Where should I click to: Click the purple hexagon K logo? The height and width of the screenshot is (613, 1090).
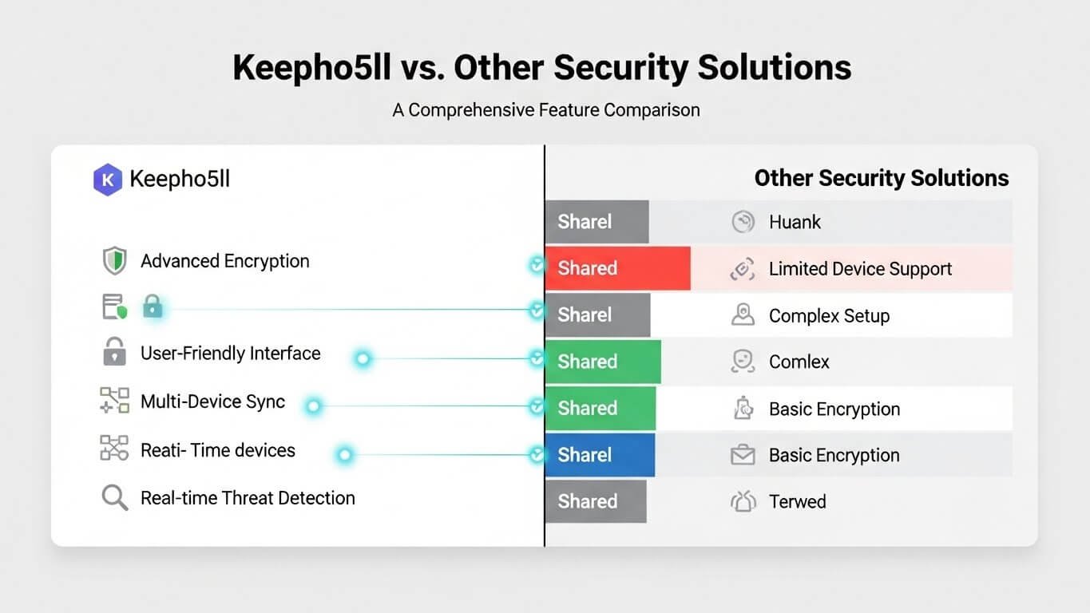(107, 179)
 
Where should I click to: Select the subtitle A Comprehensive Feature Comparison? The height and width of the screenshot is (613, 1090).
(545, 109)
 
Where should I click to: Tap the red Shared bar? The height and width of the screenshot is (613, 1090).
(617, 268)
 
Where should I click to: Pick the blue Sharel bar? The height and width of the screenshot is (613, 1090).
(600, 455)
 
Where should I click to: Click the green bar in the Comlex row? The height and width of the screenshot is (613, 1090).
(603, 362)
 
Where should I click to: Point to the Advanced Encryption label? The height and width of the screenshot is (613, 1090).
(224, 261)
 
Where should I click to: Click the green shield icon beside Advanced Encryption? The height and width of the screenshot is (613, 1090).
(115, 261)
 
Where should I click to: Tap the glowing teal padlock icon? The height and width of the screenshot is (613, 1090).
(153, 306)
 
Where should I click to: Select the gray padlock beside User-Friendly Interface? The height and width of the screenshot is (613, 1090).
(115, 353)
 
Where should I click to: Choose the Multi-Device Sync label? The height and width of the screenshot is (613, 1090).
(212, 401)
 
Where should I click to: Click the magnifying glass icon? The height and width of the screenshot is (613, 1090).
(115, 498)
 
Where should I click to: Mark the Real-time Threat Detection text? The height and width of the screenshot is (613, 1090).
(248, 498)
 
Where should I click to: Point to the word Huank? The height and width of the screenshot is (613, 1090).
(795, 222)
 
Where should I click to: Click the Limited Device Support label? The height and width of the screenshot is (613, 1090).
(860, 269)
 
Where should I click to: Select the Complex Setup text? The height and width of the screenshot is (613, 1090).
(829, 316)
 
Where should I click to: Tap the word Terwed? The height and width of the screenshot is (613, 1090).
(797, 502)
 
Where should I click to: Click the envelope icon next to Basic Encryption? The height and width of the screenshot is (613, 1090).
(743, 456)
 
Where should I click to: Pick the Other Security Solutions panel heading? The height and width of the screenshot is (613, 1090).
(882, 178)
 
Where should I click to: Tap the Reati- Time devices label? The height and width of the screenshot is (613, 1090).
(218, 450)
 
